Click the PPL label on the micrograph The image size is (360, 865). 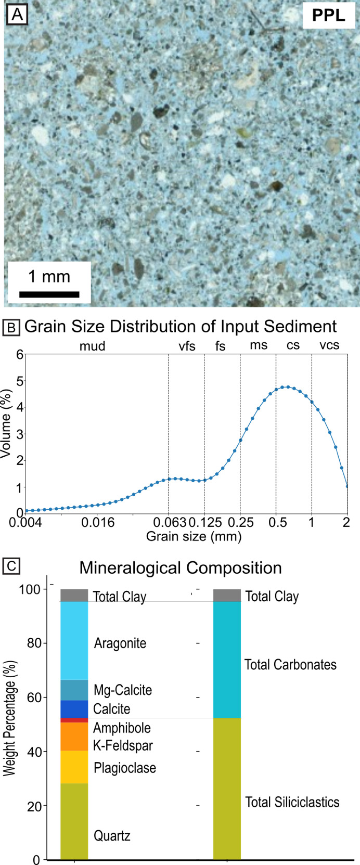pyautogui.click(x=328, y=16)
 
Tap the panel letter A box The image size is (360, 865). pyautogui.click(x=17, y=15)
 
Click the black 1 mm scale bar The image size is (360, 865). pyautogui.click(x=49, y=294)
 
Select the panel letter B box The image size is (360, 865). pyautogui.click(x=11, y=328)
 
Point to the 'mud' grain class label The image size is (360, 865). pyautogui.click(x=92, y=346)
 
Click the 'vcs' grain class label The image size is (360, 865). pyautogui.click(x=329, y=345)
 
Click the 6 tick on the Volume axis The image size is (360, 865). pyautogui.click(x=20, y=355)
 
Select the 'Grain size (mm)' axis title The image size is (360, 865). pyautogui.click(x=194, y=536)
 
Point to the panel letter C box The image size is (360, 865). pyautogui.click(x=11, y=566)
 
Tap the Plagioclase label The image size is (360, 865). pyautogui.click(x=125, y=768)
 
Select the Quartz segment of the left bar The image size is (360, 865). pyautogui.click(x=74, y=821)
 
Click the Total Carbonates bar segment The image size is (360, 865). pyautogui.click(x=227, y=660)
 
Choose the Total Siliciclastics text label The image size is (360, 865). pyautogui.click(x=292, y=802)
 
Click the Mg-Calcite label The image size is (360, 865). pyautogui.click(x=123, y=690)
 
